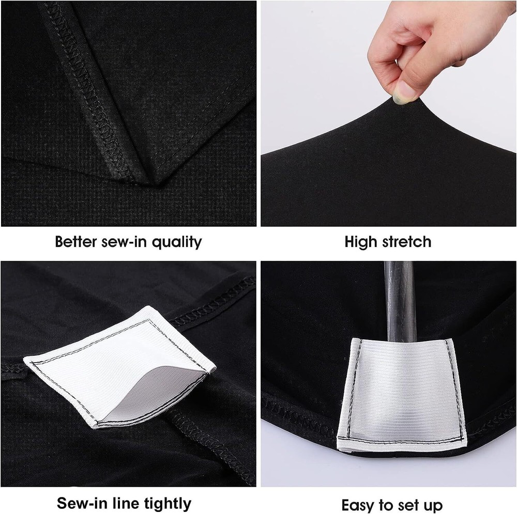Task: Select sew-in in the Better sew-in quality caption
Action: (127, 241)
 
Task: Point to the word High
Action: (360, 241)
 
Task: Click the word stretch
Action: (406, 241)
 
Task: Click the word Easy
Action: (358, 504)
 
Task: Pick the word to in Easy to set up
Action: (387, 504)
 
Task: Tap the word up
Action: (433, 504)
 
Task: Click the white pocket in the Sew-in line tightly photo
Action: (119, 367)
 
